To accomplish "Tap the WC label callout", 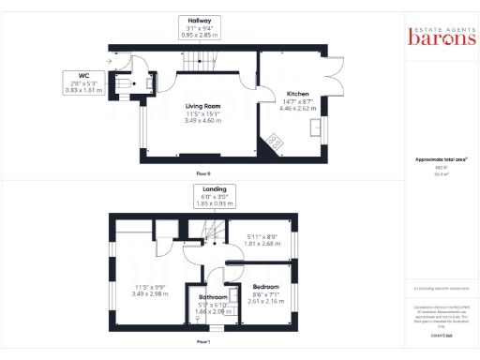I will click(x=84, y=82).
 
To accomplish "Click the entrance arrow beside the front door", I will click(x=108, y=62).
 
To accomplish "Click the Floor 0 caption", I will click(x=202, y=174).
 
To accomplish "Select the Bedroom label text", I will click(x=264, y=286).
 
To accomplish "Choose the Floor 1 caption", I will click(x=202, y=342).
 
